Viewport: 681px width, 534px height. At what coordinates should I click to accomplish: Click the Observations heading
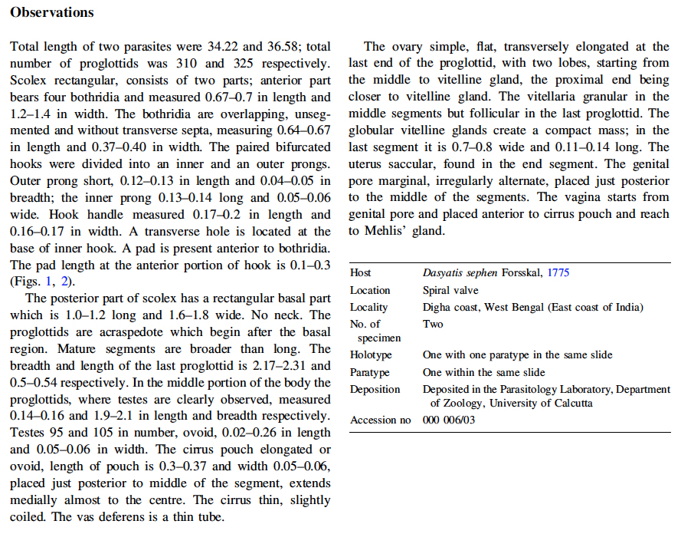pos(52,12)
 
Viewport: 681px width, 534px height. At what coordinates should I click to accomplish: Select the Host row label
pos(361,273)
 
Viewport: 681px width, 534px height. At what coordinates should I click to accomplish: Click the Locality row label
pos(368,307)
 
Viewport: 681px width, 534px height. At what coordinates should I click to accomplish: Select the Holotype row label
pos(371,355)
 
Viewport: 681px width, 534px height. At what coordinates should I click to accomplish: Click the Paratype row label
pos(370,372)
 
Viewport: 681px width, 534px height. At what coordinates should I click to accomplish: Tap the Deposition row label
pos(375,389)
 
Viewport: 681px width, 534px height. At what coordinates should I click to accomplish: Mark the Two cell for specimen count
pos(432,324)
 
